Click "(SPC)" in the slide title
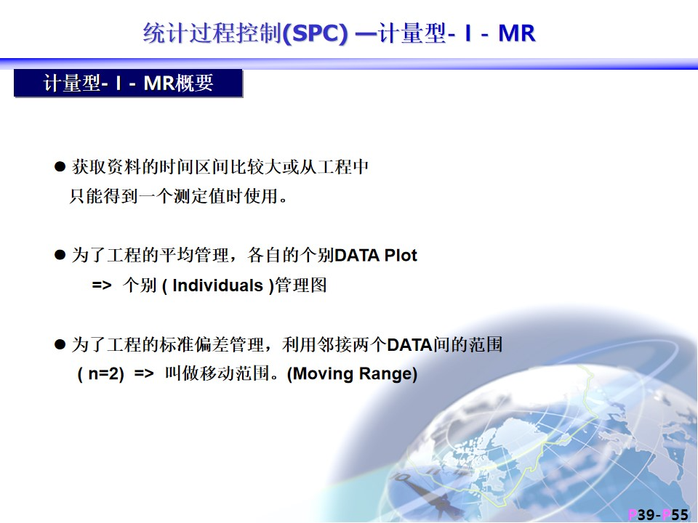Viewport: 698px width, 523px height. click(315, 33)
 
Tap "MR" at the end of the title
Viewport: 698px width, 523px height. click(517, 33)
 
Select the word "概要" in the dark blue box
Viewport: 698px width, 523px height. click(195, 83)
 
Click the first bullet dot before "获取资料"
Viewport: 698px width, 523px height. click(60, 167)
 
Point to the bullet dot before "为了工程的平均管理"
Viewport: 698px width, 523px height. click(60, 255)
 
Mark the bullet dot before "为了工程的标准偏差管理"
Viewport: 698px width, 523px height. click(60, 344)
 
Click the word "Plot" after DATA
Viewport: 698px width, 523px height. click(401, 255)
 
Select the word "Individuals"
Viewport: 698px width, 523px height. click(217, 285)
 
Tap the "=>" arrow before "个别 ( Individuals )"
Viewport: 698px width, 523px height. click(102, 285)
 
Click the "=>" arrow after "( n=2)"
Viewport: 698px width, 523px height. click(144, 373)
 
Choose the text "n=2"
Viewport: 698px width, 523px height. click(104, 373)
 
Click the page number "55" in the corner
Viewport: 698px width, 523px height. click(680, 514)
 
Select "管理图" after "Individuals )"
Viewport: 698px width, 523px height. click(301, 285)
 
